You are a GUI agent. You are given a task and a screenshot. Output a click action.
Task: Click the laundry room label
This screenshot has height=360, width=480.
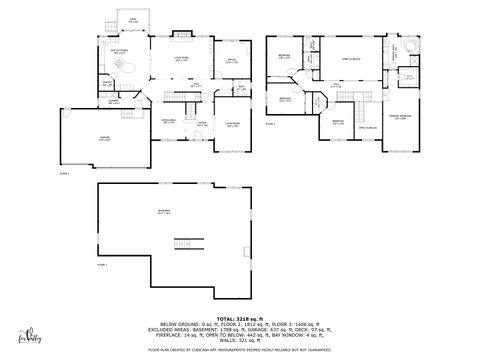115,101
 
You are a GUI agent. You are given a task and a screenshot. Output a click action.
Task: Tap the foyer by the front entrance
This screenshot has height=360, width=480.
200,124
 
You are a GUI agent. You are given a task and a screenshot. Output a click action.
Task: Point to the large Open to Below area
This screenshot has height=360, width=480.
348,61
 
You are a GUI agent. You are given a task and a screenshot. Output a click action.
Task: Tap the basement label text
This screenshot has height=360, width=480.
164,211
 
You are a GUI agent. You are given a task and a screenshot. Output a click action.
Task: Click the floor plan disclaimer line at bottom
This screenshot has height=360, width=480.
239,350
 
